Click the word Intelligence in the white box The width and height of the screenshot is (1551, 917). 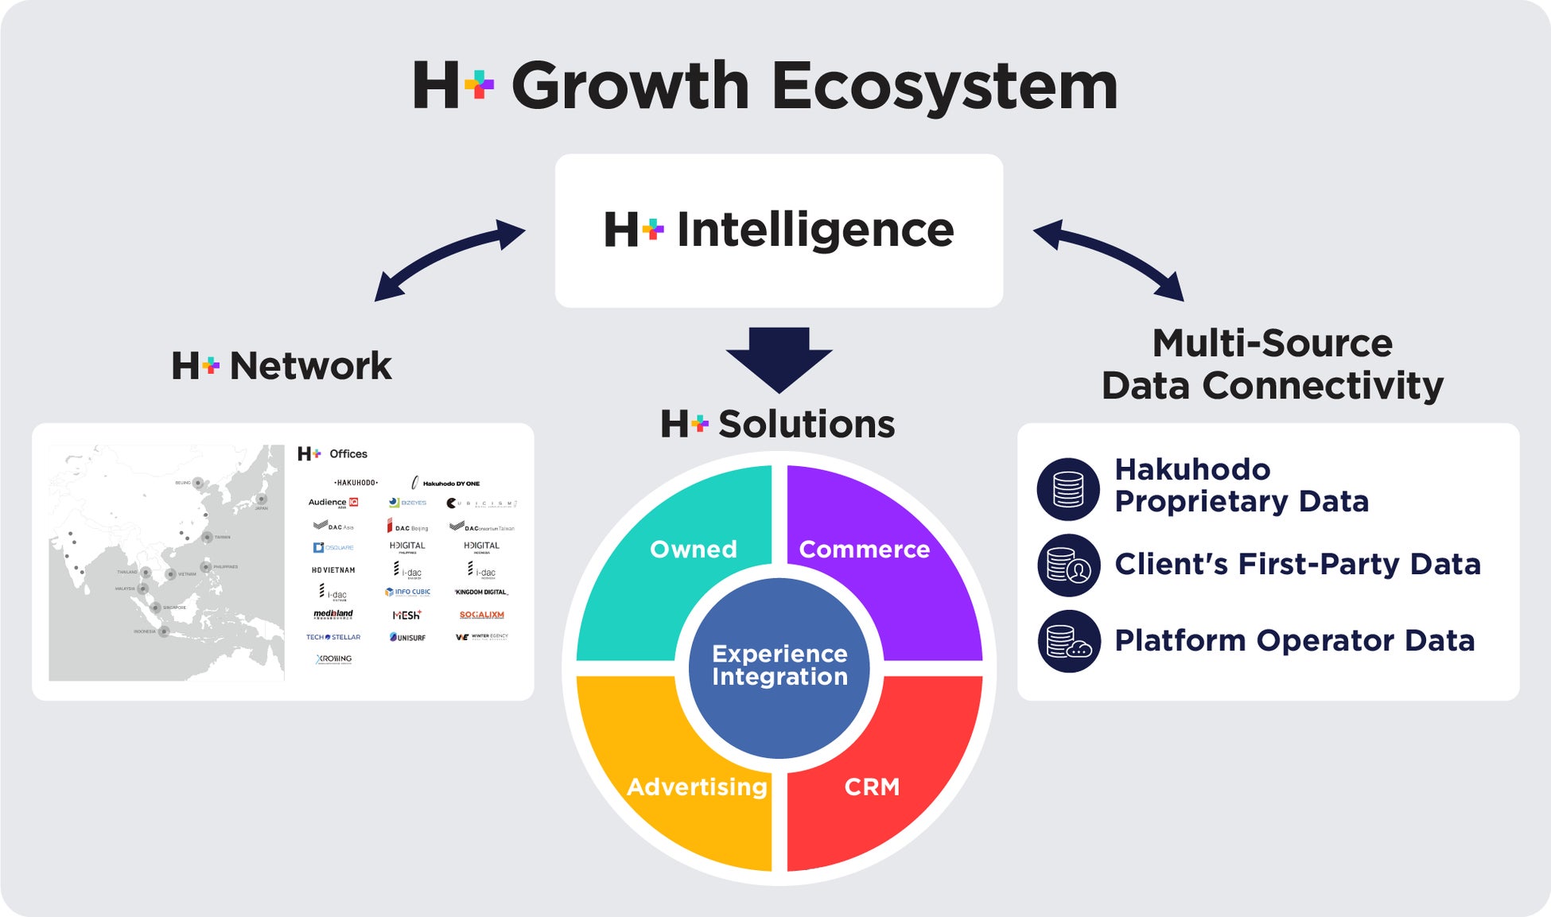[x=814, y=231]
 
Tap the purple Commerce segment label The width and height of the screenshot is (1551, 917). [x=864, y=550]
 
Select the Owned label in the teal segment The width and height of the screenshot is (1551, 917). [x=693, y=550]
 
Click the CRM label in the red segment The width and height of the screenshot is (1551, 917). [x=872, y=787]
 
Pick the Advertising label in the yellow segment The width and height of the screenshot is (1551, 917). [x=697, y=787]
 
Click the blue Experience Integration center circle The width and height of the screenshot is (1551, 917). [x=779, y=666]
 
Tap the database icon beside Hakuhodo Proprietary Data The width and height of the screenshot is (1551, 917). [x=1068, y=489]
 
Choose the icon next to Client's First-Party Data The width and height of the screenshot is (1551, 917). [x=1068, y=565]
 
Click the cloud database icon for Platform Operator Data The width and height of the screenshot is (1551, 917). [x=1068, y=641]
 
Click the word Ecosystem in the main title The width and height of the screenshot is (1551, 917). [x=944, y=86]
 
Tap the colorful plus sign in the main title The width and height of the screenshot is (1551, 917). [x=479, y=84]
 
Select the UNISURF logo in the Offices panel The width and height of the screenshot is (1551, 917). [x=407, y=637]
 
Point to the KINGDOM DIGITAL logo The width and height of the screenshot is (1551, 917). [x=481, y=592]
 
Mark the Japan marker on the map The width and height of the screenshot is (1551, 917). [x=261, y=499]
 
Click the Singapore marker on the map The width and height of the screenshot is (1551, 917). [x=155, y=608]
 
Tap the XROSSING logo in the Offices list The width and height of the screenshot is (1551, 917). [x=333, y=659]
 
